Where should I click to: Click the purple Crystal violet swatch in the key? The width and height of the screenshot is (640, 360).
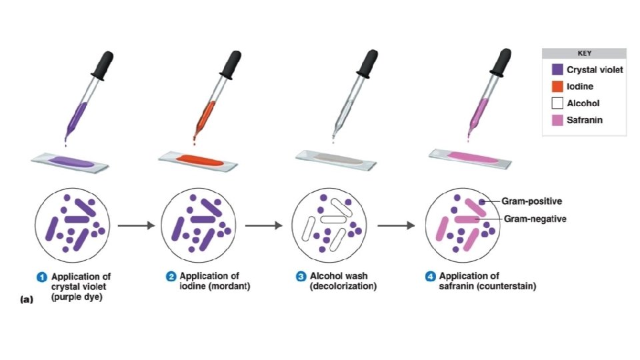(x=558, y=69)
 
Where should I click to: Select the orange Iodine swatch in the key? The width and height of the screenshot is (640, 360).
(x=558, y=87)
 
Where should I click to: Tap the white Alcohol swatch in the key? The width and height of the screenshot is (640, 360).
(x=558, y=103)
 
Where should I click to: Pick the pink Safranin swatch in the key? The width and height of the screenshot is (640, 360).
(x=558, y=121)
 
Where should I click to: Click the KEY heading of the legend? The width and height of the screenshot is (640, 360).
(x=584, y=54)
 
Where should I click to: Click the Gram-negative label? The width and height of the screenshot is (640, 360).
(x=535, y=219)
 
